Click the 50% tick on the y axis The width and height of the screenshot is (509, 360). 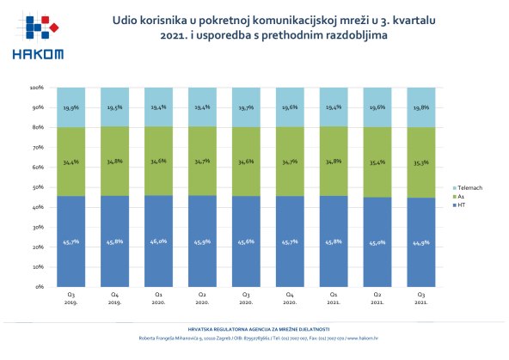pos(38,187)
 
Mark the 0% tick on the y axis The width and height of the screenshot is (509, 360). pos(40,287)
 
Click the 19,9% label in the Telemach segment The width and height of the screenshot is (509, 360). pos(72,108)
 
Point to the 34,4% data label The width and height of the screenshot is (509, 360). pos(72,161)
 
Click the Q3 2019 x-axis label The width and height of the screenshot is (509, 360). pos(72,296)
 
